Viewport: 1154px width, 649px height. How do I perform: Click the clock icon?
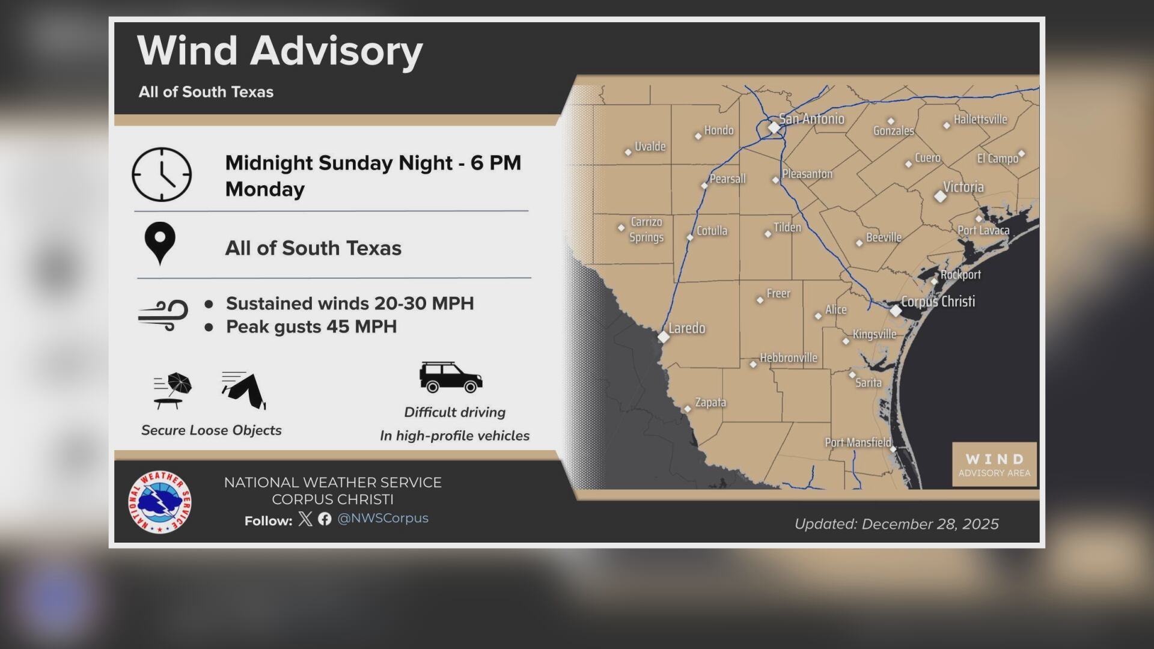coord(162,174)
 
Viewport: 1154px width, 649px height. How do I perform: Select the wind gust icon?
coord(163,315)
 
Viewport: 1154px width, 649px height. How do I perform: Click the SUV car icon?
coord(451,377)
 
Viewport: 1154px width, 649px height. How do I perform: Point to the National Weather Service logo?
coord(160,502)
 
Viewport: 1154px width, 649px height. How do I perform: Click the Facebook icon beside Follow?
coord(325,519)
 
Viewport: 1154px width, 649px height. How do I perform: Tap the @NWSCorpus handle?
coord(383,518)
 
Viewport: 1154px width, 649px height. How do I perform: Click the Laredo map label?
coord(686,328)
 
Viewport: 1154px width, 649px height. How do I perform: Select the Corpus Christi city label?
coord(938,301)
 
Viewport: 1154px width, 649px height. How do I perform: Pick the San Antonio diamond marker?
coord(774,127)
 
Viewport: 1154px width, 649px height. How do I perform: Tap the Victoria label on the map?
coord(963,187)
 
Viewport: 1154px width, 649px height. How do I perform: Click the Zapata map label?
coord(710,402)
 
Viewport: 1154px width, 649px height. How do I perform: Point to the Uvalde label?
coord(650,146)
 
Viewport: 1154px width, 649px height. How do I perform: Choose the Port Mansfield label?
coord(858,442)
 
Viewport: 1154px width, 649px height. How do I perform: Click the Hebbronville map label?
coord(788,358)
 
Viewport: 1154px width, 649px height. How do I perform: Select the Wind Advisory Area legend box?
coord(994,465)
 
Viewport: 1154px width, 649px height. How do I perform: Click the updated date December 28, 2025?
coord(896,524)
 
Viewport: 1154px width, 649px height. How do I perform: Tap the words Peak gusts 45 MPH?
coord(311,327)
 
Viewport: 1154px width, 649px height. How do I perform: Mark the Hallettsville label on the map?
coord(980,119)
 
